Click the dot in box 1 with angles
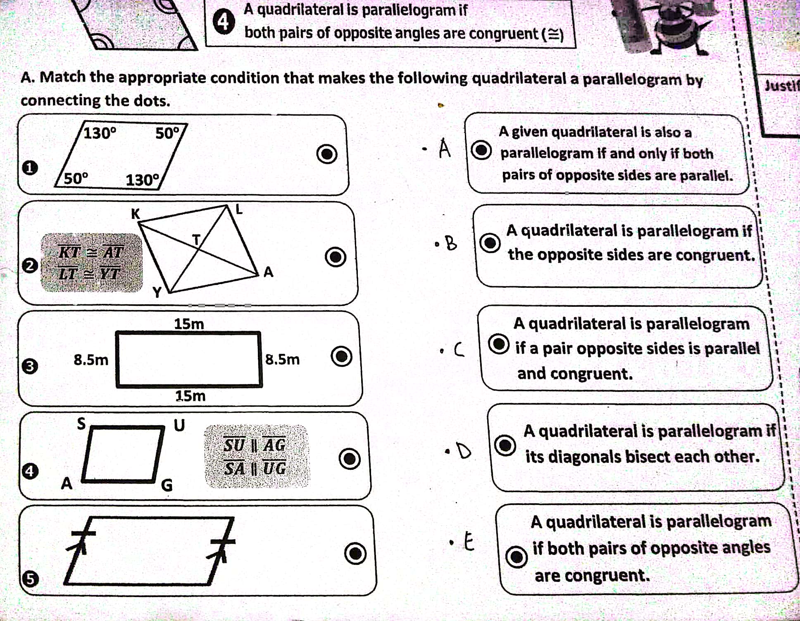327,154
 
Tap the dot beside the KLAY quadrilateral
335,257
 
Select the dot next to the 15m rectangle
342,356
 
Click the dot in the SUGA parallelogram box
350,459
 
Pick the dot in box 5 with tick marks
355,553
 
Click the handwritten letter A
445,148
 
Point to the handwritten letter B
451,243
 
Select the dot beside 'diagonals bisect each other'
505,445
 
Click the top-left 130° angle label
100,133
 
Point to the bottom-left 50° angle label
76,178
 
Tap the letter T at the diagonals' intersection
196,239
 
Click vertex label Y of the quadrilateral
157,292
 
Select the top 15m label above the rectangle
189,324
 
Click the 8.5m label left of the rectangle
91,360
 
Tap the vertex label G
167,485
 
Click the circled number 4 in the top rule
223,22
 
